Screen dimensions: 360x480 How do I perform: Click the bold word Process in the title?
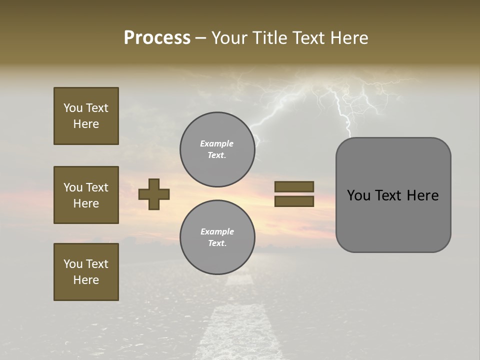pos(157,38)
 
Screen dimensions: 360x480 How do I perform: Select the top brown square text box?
pos(86,116)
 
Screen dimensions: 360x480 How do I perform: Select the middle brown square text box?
pos(86,195)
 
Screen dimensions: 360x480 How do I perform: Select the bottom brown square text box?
pos(86,272)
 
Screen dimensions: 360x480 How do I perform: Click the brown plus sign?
pos(154,194)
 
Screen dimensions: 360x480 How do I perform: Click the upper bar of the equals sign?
pos(294,186)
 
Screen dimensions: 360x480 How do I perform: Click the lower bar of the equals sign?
pos(294,201)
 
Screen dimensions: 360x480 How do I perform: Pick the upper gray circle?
pos(217,149)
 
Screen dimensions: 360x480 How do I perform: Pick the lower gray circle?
pos(217,237)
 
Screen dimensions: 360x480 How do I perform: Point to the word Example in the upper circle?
pos(217,143)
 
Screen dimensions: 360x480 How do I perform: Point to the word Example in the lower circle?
pos(217,231)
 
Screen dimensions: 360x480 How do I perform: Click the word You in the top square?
pos(73,108)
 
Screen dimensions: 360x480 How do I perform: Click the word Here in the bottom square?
pos(86,280)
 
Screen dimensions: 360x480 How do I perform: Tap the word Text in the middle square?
pos(97,187)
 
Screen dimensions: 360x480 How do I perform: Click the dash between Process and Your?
pos(200,38)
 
